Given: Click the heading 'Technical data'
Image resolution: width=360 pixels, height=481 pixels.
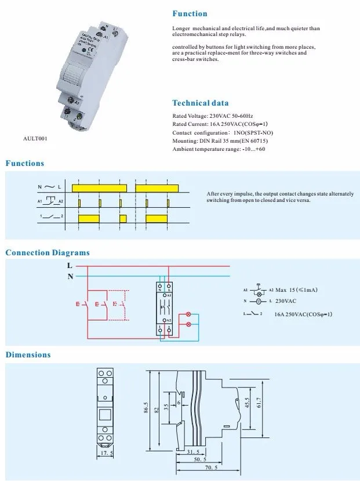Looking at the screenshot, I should tap(200, 103).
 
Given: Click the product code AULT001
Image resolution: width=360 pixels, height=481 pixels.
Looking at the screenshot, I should tap(34, 138).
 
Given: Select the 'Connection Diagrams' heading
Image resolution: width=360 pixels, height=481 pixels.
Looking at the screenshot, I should tap(48, 252).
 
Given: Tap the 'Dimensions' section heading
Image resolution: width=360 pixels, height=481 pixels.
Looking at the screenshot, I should tap(28, 355).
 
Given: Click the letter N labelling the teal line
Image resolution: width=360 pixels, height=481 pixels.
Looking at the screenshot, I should tap(70, 277).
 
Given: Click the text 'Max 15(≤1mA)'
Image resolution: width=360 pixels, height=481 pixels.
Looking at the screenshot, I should tap(296, 290).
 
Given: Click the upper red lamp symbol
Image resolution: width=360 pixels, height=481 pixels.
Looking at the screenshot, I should tap(187, 314).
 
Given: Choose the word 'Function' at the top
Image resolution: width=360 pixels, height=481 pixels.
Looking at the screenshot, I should tap(190, 13).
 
